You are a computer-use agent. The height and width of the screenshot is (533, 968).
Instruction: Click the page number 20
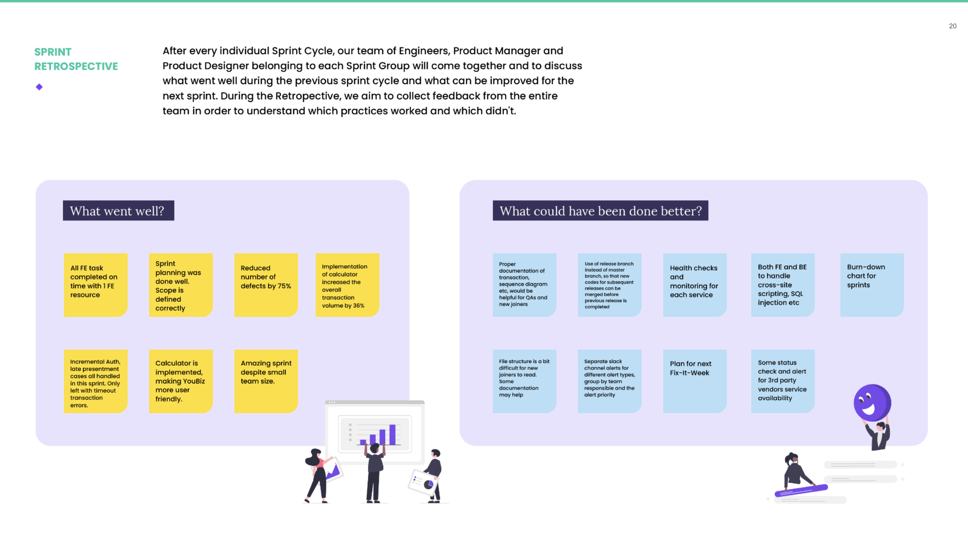953,26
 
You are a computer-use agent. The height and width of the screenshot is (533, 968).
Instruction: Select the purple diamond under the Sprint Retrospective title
39,87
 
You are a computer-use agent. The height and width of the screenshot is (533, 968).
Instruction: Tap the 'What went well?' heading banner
118,211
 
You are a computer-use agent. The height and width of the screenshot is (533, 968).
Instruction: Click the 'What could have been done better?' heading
600,211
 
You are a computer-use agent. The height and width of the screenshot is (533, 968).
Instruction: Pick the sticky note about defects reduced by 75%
266,285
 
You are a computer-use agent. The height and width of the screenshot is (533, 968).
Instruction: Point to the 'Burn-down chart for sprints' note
872,285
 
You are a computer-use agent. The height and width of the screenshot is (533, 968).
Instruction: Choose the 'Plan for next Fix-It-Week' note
695,381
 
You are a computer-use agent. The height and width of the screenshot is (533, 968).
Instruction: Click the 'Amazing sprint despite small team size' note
266,381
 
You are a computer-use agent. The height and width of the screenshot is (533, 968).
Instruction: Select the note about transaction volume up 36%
347,285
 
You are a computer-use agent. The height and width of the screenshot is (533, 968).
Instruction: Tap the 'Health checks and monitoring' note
695,285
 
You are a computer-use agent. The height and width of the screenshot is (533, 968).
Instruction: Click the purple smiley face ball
872,403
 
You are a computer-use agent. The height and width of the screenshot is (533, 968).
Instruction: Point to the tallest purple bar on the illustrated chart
392,435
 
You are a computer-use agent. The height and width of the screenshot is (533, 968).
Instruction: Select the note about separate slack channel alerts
609,381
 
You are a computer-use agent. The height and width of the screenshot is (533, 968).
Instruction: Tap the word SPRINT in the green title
53,52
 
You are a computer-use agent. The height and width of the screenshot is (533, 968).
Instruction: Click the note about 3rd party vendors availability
783,381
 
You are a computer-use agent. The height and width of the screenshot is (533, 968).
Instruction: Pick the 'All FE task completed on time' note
96,285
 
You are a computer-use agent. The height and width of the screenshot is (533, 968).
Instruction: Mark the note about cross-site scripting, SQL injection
783,285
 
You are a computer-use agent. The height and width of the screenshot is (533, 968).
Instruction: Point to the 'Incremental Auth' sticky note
96,381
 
